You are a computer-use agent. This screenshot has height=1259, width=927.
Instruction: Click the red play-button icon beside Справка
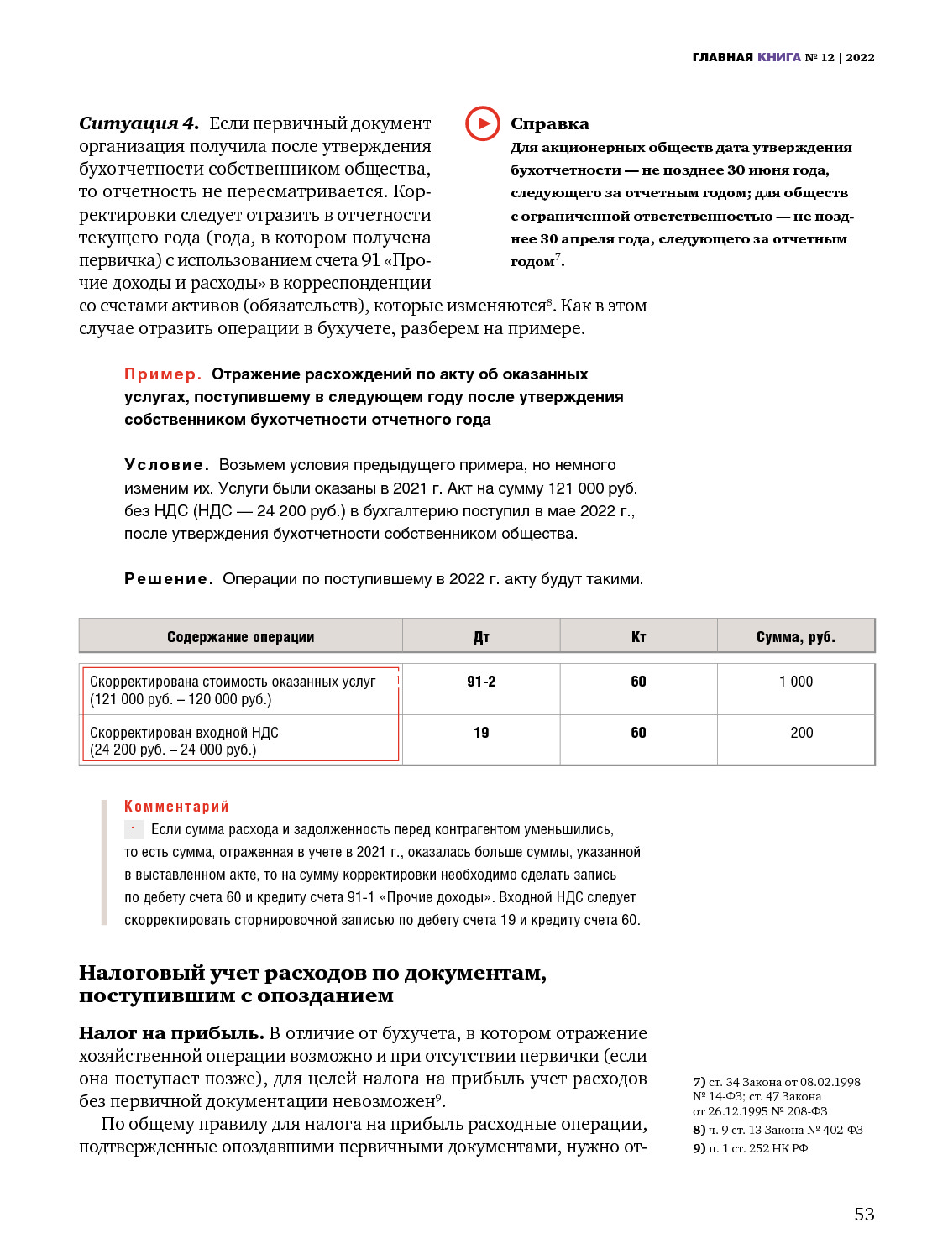[x=483, y=123]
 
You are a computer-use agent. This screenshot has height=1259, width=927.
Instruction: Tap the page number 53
[x=864, y=1214]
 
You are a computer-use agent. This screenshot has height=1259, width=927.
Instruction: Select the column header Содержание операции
[x=240, y=637]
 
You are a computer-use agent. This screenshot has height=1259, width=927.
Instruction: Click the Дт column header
[x=481, y=637]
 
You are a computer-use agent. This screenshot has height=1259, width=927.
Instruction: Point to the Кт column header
[x=638, y=637]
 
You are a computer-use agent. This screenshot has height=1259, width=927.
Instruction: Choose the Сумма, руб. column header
[x=795, y=637]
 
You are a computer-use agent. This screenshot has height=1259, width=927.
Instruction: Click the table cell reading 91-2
[x=481, y=682]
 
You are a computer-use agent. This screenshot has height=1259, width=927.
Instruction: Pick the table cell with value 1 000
[x=796, y=682]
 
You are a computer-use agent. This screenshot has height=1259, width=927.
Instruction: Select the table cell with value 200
[x=801, y=733]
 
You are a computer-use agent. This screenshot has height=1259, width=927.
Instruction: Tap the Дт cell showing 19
[x=481, y=733]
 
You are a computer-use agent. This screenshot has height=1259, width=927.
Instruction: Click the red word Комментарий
[x=176, y=807]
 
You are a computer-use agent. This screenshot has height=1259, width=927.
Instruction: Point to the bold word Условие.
[x=166, y=465]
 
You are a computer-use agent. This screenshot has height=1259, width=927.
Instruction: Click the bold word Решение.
[x=168, y=579]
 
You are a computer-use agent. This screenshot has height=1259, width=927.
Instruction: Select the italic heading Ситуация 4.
[x=139, y=123]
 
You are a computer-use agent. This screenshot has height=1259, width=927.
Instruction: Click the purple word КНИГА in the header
[x=778, y=57]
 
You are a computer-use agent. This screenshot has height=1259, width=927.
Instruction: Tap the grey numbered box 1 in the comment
[x=134, y=830]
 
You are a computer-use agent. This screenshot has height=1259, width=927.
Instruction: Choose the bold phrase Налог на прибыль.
[x=171, y=1033]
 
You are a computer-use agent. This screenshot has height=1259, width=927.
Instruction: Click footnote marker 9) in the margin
[x=699, y=1148]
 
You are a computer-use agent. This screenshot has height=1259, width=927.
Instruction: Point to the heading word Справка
[x=549, y=123]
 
